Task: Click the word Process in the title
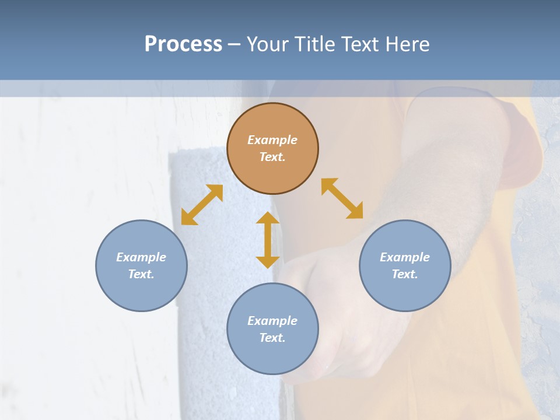pos(183,44)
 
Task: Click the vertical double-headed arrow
pos(268,240)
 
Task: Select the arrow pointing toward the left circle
pos(202,205)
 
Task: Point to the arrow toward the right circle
pos(342,198)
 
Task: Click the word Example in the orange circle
pos(272,140)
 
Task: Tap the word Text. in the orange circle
pos(272,157)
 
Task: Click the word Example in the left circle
pos(141,257)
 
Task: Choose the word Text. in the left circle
pos(141,274)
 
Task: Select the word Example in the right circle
pos(405,257)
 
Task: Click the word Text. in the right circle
pos(405,274)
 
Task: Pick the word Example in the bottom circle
pos(272,321)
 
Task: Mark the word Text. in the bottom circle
pos(272,338)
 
